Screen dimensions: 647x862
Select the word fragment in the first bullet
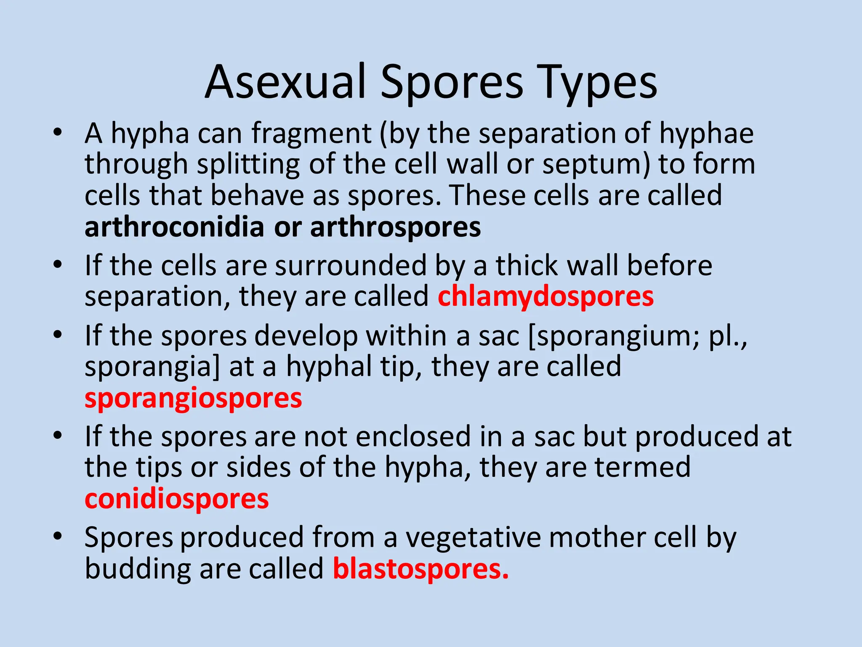pyautogui.click(x=311, y=133)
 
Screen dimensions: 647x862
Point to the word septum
pyautogui.click(x=593, y=164)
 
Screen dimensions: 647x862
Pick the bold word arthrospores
pyautogui.click(x=395, y=227)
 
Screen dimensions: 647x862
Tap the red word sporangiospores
pyautogui.click(x=193, y=398)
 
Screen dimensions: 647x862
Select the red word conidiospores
pyautogui.click(x=176, y=499)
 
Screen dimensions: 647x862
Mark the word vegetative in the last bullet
pyautogui.click(x=472, y=538)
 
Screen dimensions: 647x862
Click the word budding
pyautogui.click(x=137, y=569)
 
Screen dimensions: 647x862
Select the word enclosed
pyautogui.click(x=413, y=437)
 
